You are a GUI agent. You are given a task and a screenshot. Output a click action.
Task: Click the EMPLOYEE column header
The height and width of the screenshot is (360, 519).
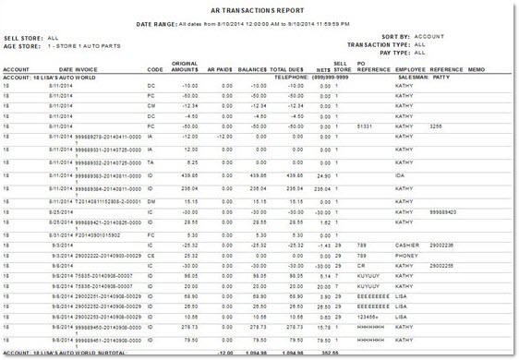[x=412, y=69]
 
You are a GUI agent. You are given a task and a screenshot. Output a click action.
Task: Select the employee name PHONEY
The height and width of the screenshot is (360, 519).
[x=407, y=255]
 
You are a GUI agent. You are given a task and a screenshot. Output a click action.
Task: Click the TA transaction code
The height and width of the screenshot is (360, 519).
[x=151, y=161]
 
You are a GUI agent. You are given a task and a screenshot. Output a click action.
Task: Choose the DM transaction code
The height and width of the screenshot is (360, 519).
[x=151, y=200]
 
